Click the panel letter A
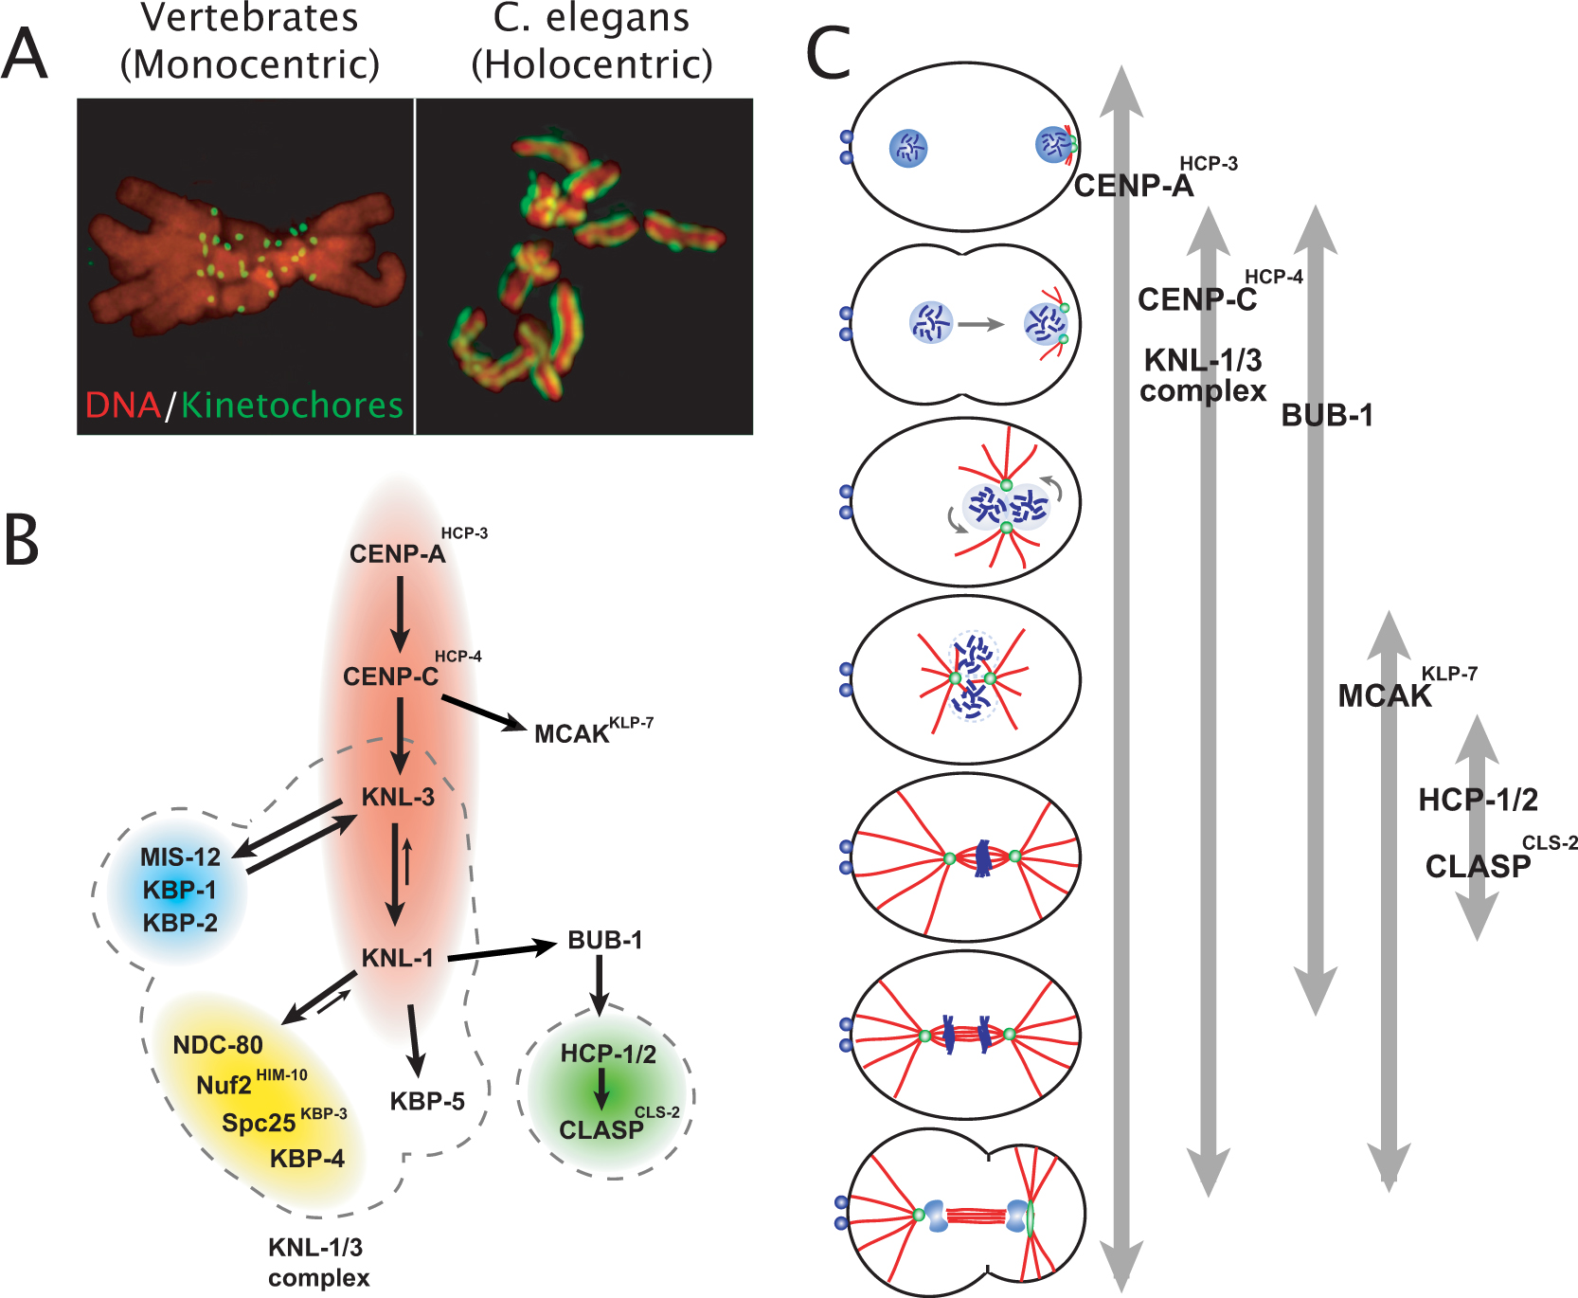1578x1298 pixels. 26,54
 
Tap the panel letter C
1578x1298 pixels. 828,53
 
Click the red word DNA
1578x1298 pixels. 122,406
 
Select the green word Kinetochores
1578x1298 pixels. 292,406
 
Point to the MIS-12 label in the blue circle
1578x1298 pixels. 180,857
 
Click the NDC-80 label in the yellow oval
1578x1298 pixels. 218,1045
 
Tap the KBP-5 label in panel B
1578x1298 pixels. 427,1102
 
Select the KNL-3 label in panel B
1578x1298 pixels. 399,798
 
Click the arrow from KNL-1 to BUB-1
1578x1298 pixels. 502,951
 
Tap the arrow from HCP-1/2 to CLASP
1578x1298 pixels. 601,1089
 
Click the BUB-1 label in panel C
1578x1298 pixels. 1327,415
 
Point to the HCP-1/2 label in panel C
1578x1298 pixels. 1478,801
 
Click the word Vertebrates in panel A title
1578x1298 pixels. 250,17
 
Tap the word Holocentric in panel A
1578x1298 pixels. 592,64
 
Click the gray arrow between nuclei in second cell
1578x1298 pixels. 980,324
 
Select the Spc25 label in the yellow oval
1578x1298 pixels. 259,1123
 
